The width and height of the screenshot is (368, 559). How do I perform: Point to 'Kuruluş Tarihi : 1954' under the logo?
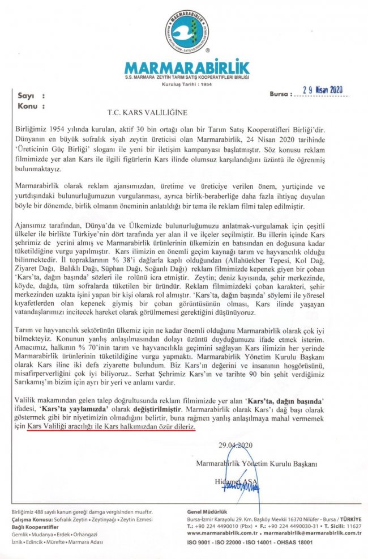(186, 83)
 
